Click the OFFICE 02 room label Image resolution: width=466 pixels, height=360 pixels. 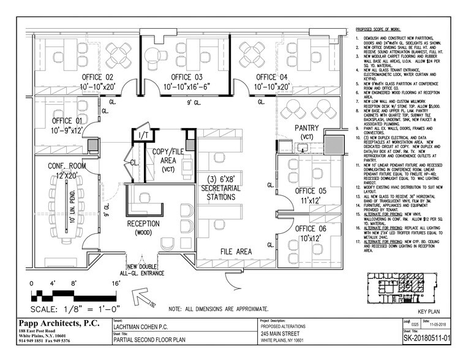(x=93, y=77)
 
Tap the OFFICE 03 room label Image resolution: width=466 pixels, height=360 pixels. (x=186, y=77)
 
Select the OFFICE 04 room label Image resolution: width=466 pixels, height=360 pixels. (x=272, y=77)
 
